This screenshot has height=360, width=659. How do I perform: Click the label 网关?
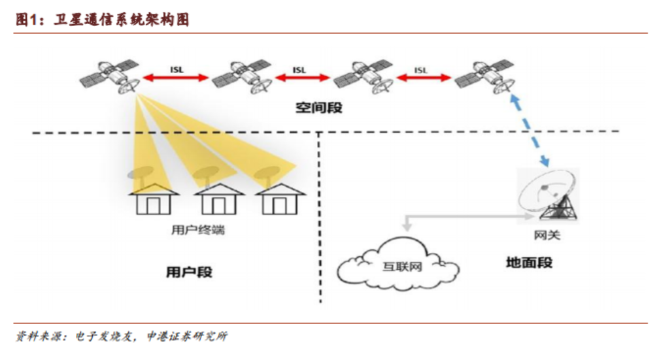547,235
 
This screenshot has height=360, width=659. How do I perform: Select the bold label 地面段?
529,263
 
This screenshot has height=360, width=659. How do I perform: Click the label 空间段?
318,108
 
